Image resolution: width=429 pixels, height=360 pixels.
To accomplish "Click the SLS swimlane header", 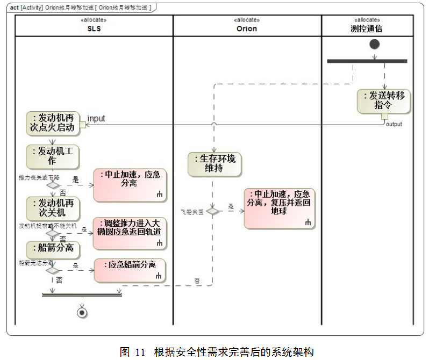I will tap(94, 28).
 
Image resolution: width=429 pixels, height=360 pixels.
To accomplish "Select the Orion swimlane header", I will tap(247, 28).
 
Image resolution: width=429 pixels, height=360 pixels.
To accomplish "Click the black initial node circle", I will tap(375, 44).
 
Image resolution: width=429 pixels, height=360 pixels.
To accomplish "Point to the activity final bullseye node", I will tap(82, 312).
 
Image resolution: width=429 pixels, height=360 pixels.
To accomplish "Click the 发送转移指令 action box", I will tap(383, 101).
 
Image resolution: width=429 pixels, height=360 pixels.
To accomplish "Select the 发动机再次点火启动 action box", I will tap(53, 123).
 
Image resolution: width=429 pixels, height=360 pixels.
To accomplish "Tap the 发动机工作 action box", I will tap(53, 156).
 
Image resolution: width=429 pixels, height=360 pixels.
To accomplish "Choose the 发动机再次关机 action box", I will tap(53, 208).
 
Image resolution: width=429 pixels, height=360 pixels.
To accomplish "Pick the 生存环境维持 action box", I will tap(214, 164).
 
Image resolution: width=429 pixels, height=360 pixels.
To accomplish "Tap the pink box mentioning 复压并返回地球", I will tap(279, 208).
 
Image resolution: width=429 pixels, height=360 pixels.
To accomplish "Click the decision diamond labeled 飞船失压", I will tap(213, 211).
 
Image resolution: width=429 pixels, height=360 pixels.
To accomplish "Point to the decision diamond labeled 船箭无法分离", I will tap(53, 270).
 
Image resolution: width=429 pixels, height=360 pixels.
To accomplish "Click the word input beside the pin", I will tap(96, 118).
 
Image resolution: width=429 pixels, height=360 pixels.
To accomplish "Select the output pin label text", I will tap(394, 124).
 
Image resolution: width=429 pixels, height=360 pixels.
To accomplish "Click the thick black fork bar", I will tap(367, 61).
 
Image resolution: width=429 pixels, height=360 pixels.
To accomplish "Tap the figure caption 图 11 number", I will tap(133, 352).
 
